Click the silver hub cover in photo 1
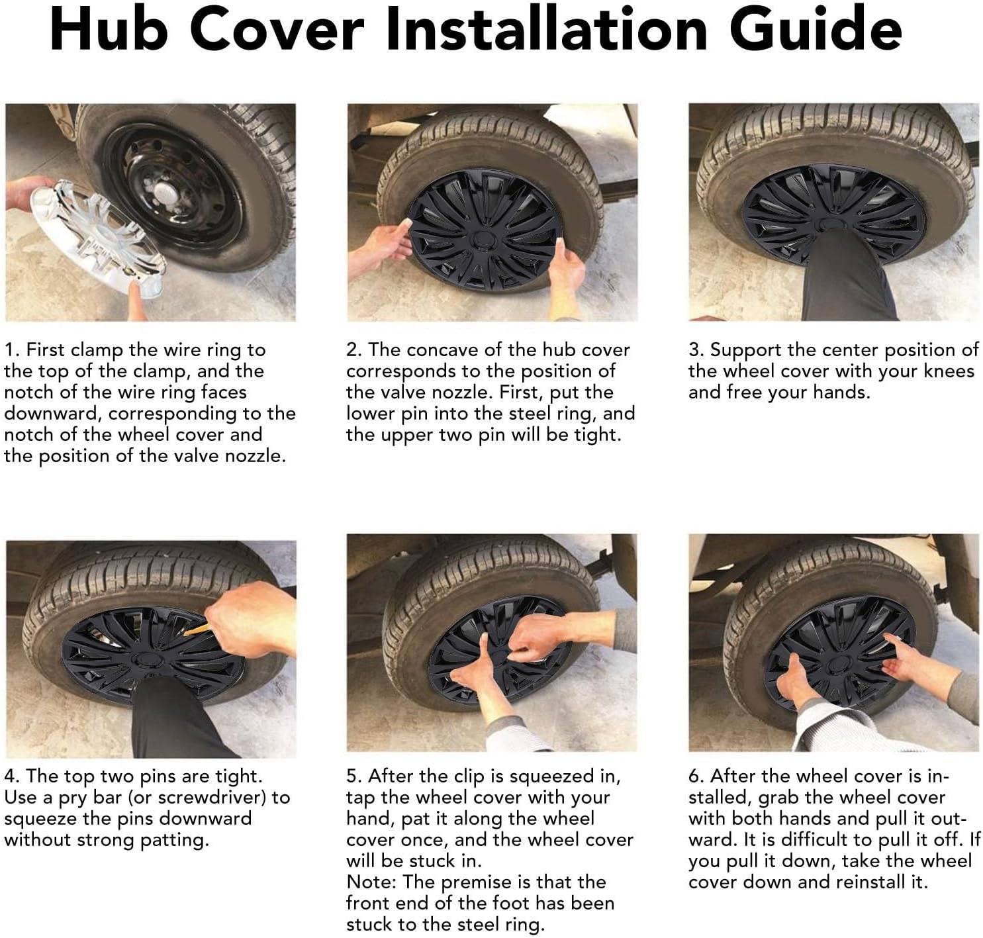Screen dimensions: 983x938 (97, 238)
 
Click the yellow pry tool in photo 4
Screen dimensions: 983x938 (196, 628)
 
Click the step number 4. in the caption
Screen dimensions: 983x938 (13, 776)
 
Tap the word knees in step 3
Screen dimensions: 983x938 (949, 371)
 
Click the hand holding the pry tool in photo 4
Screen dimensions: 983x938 (250, 620)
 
